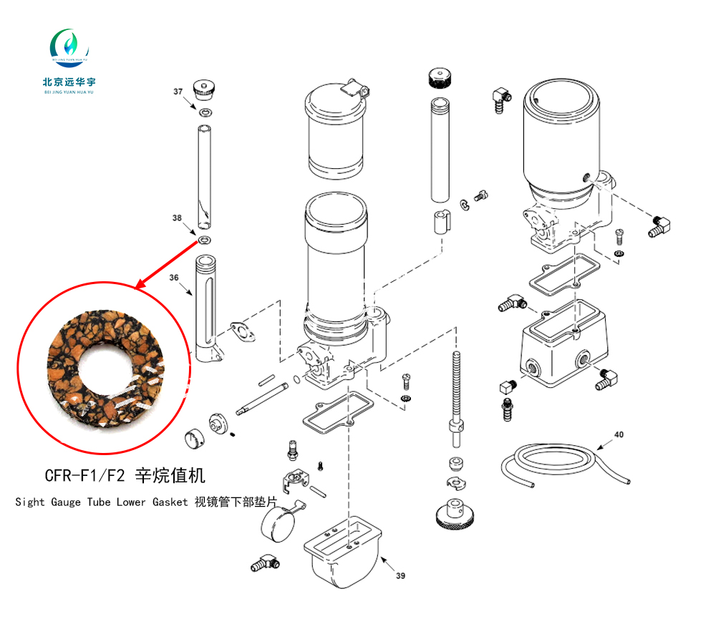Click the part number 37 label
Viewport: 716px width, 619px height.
(178, 92)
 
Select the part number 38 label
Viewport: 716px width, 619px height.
(177, 218)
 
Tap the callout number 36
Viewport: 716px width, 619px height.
(174, 278)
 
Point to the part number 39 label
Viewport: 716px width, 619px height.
(400, 576)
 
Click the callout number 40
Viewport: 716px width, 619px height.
(619, 434)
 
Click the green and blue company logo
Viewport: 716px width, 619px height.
(69, 47)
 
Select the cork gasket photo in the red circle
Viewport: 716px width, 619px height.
(105, 369)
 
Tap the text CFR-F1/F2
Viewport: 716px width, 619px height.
(84, 476)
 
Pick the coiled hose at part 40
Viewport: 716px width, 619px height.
(566, 464)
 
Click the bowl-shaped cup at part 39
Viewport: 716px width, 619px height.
(342, 552)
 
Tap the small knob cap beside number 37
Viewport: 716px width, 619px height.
(203, 89)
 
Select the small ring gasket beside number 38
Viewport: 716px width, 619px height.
(204, 240)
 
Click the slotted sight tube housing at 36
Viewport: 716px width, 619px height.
(208, 308)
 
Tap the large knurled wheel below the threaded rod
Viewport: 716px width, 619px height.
(455, 514)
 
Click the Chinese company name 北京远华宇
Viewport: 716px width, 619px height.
(69, 82)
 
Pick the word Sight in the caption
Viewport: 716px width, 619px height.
(30, 502)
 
